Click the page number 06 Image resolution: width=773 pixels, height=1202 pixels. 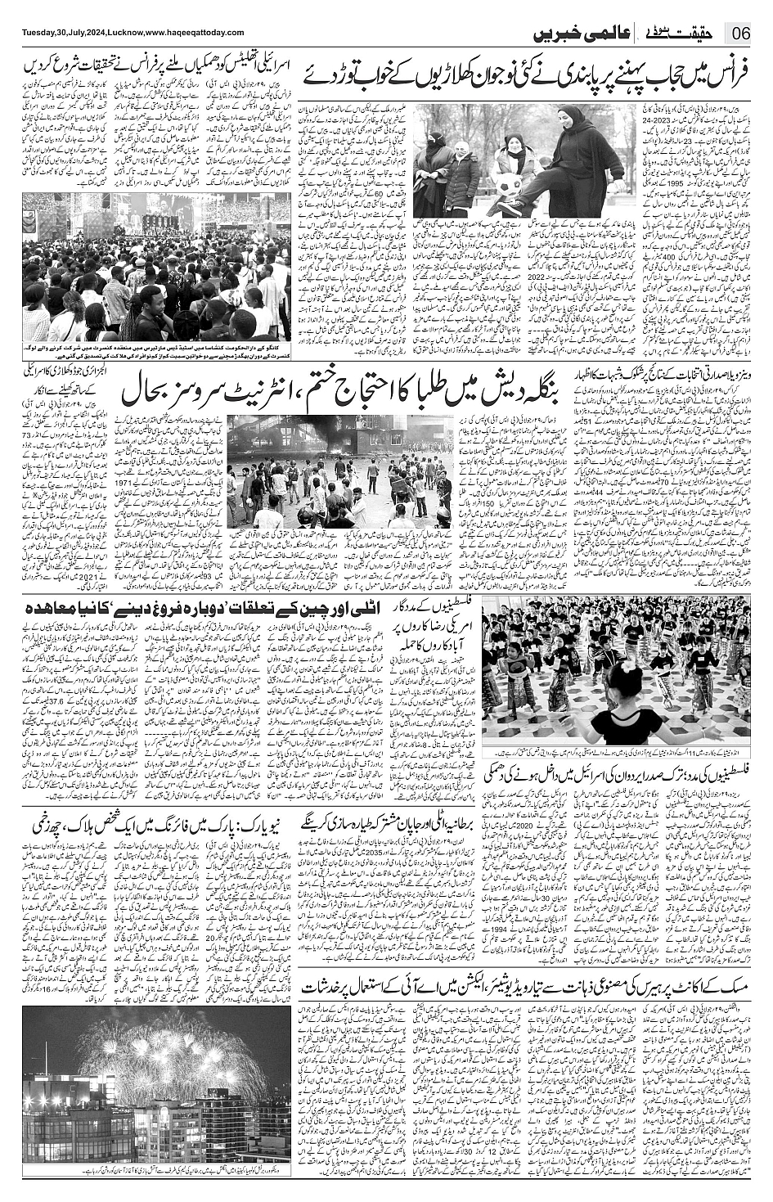tap(743, 34)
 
